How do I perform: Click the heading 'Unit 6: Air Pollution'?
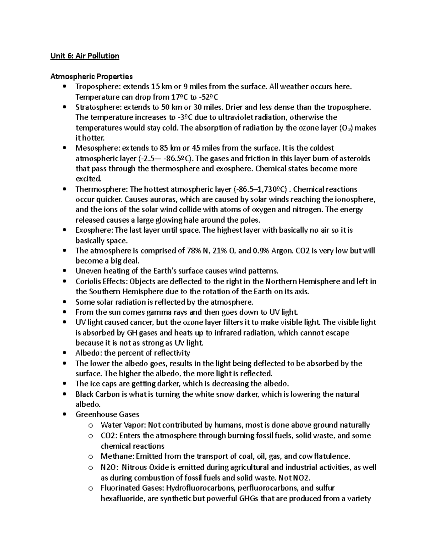click(x=85, y=56)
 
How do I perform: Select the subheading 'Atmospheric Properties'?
click(x=91, y=76)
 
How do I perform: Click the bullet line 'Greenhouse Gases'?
click(x=107, y=415)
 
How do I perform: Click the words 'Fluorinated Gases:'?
click(x=132, y=488)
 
